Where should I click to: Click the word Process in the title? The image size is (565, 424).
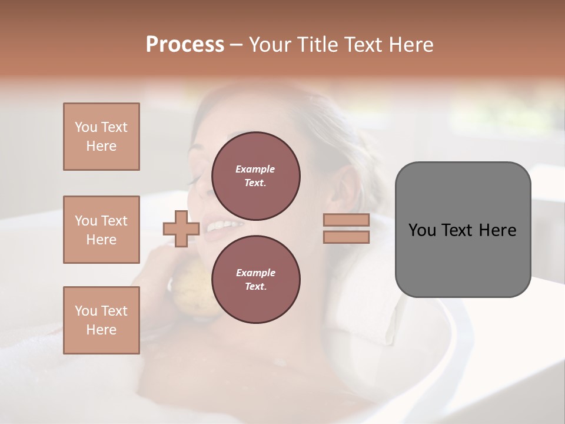pos(185,45)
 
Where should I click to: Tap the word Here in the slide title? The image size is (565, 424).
pos(410,45)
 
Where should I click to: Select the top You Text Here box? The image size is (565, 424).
pos(101,137)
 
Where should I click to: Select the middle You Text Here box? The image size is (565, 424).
pos(101,230)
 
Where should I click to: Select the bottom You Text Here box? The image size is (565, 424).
pos(101,320)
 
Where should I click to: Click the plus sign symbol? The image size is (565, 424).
pos(181,228)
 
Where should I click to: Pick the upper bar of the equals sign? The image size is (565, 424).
pos(346,220)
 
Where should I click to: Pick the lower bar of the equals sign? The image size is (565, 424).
pos(346,237)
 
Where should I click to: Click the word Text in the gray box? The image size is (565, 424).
pos(457,230)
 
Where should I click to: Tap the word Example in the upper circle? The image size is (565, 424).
pos(255,169)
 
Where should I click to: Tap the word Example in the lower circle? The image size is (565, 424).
pos(255,273)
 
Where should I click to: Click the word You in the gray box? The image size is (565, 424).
pos(422,230)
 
